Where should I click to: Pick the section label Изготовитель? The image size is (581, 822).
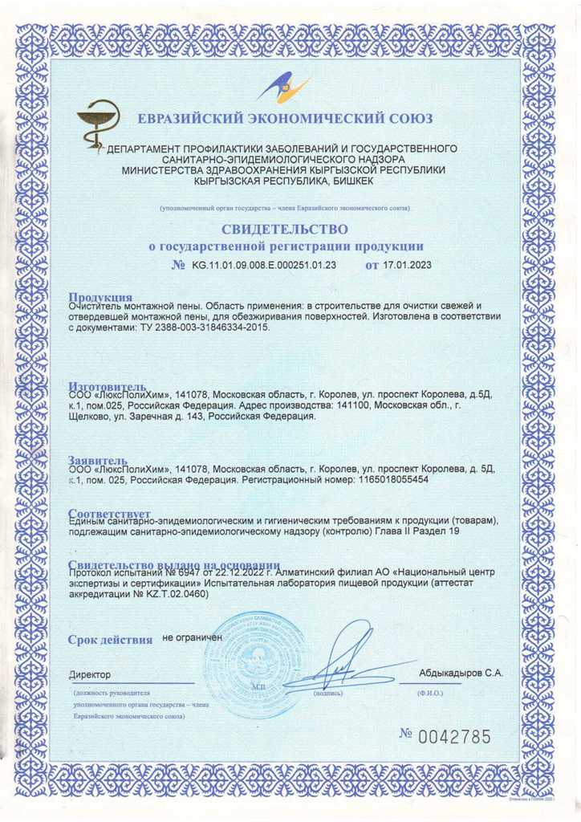[x=107, y=385]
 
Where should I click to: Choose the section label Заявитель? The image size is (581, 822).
[x=96, y=460]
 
